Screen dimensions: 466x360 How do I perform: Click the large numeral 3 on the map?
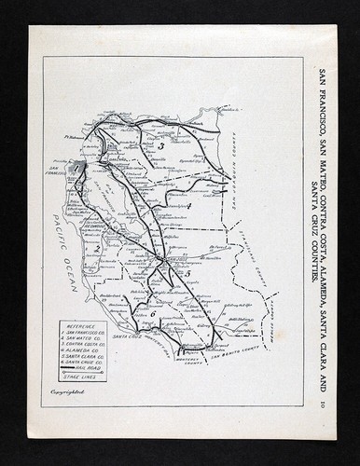(160, 146)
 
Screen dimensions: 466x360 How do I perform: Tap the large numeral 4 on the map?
(188, 206)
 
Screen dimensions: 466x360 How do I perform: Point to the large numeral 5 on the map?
(187, 274)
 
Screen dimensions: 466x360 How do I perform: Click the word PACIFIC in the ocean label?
(60, 229)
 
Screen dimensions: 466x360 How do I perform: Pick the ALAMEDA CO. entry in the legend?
(76, 350)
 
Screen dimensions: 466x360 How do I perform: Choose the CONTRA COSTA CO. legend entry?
(78, 344)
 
